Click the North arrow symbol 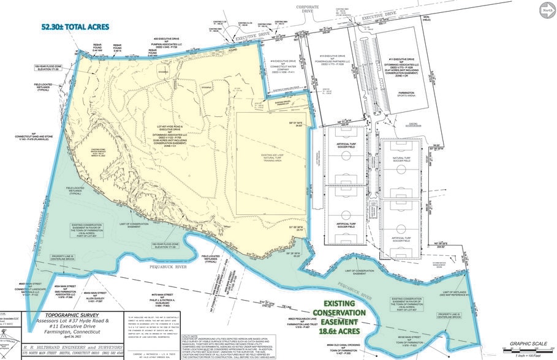click(x=545, y=9)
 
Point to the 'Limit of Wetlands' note click(x=466, y=293)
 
